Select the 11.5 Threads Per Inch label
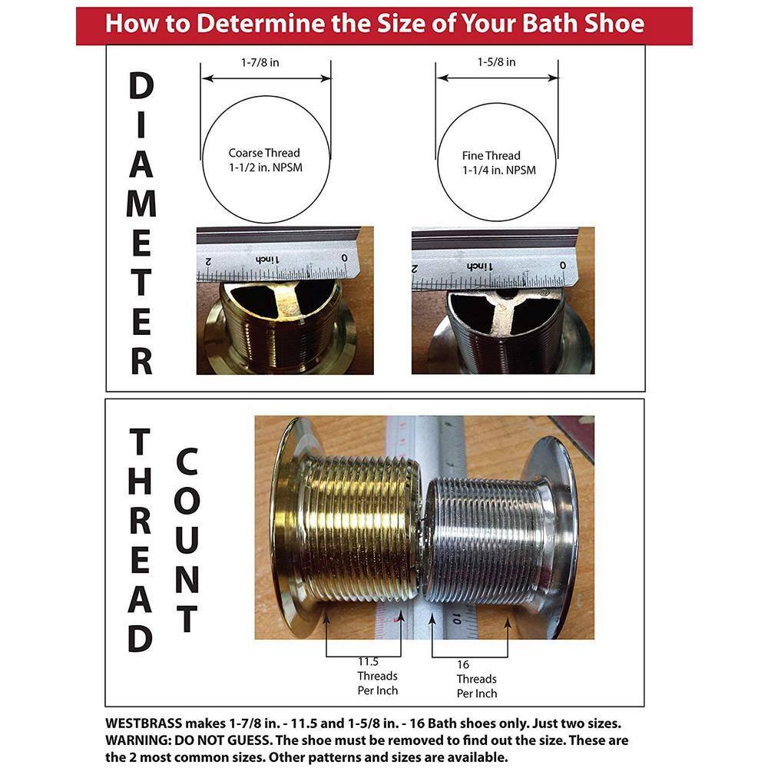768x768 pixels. (x=377, y=676)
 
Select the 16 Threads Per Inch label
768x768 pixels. (x=476, y=679)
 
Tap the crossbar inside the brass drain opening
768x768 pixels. (x=285, y=295)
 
